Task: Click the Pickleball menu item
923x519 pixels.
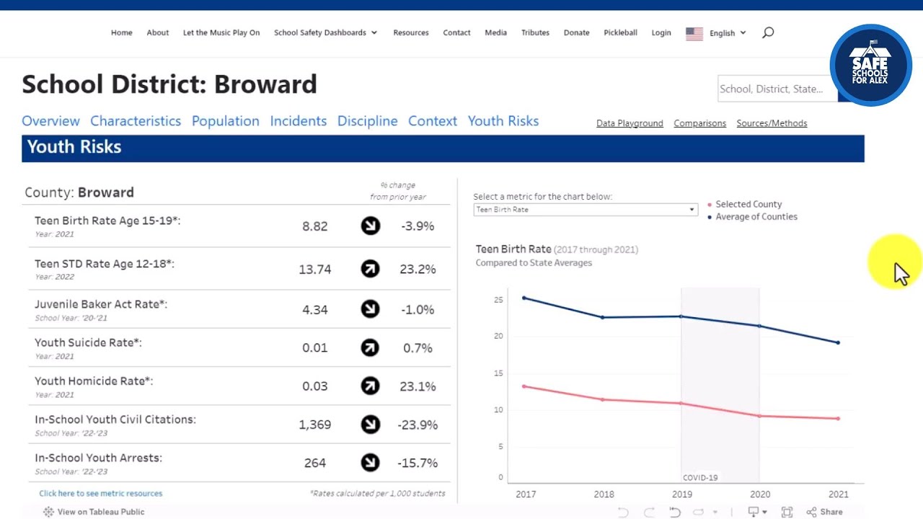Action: tap(620, 32)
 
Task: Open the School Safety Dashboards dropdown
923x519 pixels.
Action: tap(325, 32)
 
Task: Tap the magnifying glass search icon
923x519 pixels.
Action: tap(768, 32)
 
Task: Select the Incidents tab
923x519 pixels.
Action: tap(298, 121)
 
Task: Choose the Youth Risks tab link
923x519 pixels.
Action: tap(503, 121)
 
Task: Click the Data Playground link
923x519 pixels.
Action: tap(630, 123)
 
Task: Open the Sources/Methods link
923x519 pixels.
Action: tap(772, 123)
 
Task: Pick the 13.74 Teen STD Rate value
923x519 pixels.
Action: tap(315, 270)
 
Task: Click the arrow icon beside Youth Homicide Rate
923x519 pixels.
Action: tap(370, 386)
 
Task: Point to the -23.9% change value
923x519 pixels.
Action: tap(418, 425)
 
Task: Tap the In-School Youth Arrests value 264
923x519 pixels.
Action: tap(315, 463)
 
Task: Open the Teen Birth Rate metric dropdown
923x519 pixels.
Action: tap(586, 210)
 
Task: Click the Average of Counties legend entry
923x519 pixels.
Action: tap(756, 216)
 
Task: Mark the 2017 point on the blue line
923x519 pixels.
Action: tap(524, 298)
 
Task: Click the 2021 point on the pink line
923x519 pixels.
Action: tap(838, 419)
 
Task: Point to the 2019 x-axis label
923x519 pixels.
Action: tap(681, 494)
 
